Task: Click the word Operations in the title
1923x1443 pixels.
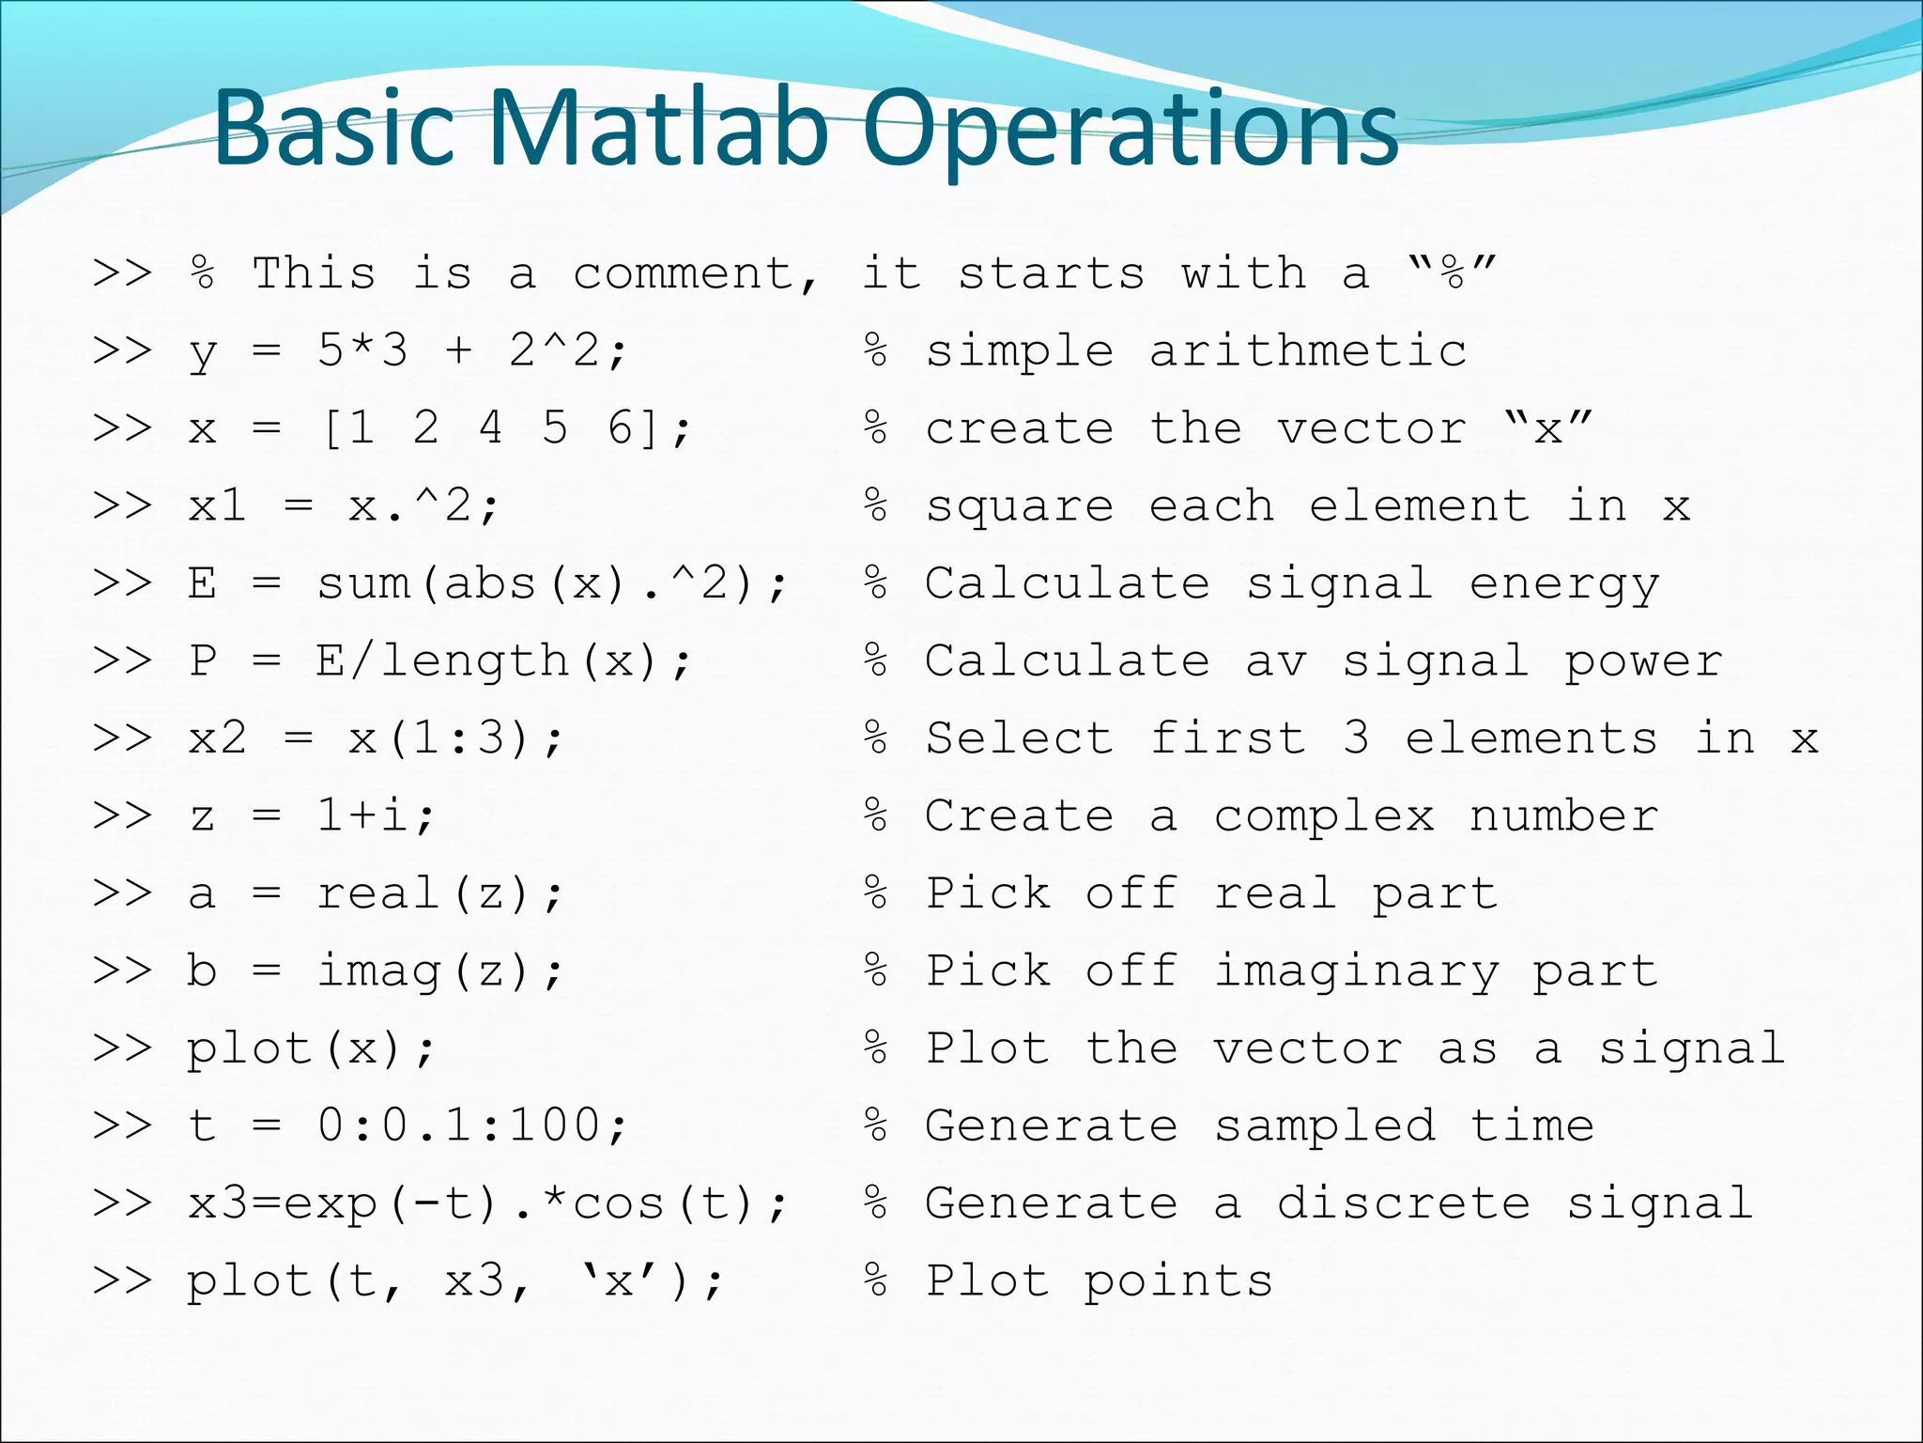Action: (1131, 129)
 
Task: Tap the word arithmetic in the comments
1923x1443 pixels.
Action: (1308, 351)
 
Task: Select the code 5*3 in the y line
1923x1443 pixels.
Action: (362, 351)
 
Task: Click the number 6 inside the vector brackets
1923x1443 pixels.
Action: (621, 428)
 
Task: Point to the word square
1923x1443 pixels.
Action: (1021, 507)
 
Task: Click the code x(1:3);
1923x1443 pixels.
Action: (456, 738)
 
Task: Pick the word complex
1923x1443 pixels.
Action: (1324, 816)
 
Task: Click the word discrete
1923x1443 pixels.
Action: (1404, 1203)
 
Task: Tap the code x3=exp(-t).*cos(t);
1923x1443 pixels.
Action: (487, 1203)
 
